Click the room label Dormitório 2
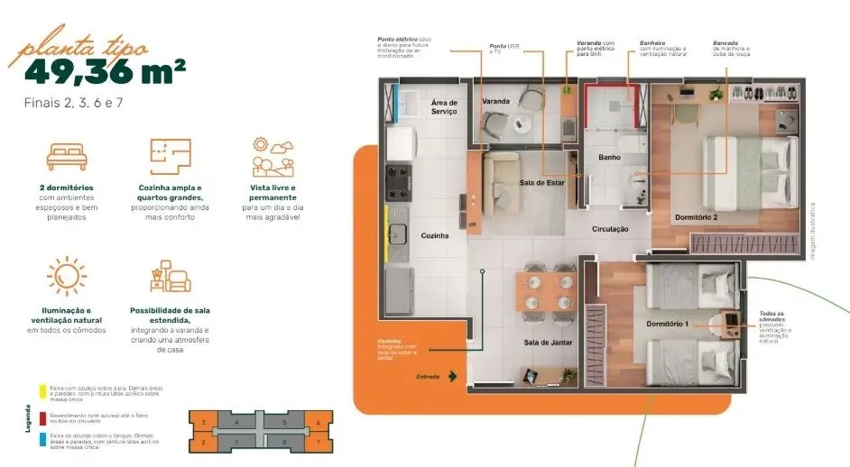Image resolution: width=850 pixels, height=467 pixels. click(696, 217)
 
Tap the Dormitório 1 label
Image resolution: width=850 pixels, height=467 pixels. click(667, 324)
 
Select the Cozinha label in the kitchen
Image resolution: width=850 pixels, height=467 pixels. click(435, 235)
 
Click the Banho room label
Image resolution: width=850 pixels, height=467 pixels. click(609, 157)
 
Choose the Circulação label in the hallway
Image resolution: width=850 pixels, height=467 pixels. click(611, 229)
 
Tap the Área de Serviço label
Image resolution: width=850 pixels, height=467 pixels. click(445, 106)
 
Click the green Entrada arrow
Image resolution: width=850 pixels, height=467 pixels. click(452, 376)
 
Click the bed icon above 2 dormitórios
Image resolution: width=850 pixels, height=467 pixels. click(68, 155)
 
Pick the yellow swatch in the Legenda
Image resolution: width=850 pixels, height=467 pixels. click(42, 390)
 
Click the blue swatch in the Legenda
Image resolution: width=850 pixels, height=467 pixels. click(42, 437)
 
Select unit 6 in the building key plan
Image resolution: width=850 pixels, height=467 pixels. click(318, 422)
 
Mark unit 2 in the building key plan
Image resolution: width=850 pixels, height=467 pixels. click(204, 442)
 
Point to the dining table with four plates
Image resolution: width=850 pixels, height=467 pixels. click(546, 292)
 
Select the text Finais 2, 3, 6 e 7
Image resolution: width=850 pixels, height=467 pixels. click(74, 103)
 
